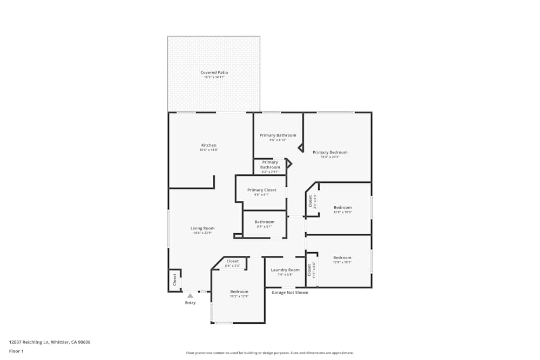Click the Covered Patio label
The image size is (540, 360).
(x=214, y=72)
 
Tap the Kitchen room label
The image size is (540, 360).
(x=209, y=145)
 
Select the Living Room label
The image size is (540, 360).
(x=202, y=228)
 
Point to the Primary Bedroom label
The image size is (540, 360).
(x=330, y=152)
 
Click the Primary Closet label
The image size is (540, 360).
(x=262, y=190)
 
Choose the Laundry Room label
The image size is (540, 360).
(x=285, y=270)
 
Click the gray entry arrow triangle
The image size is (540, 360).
(x=190, y=296)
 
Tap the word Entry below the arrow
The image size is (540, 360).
(x=190, y=303)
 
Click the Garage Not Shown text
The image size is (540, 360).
(x=290, y=293)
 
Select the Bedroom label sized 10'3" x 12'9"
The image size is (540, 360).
(x=239, y=291)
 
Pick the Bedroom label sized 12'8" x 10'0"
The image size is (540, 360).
(x=342, y=207)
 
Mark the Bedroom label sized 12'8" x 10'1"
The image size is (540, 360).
(x=342, y=257)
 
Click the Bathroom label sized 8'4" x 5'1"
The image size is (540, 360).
(x=265, y=222)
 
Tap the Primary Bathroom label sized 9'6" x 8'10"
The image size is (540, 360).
(x=278, y=135)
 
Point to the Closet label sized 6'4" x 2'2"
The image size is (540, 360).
(x=232, y=261)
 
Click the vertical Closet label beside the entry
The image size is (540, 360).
(x=174, y=279)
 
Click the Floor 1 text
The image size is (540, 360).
(x=16, y=351)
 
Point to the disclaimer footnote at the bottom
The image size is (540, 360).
(x=270, y=353)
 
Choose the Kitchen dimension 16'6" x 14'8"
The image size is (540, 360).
(x=209, y=150)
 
